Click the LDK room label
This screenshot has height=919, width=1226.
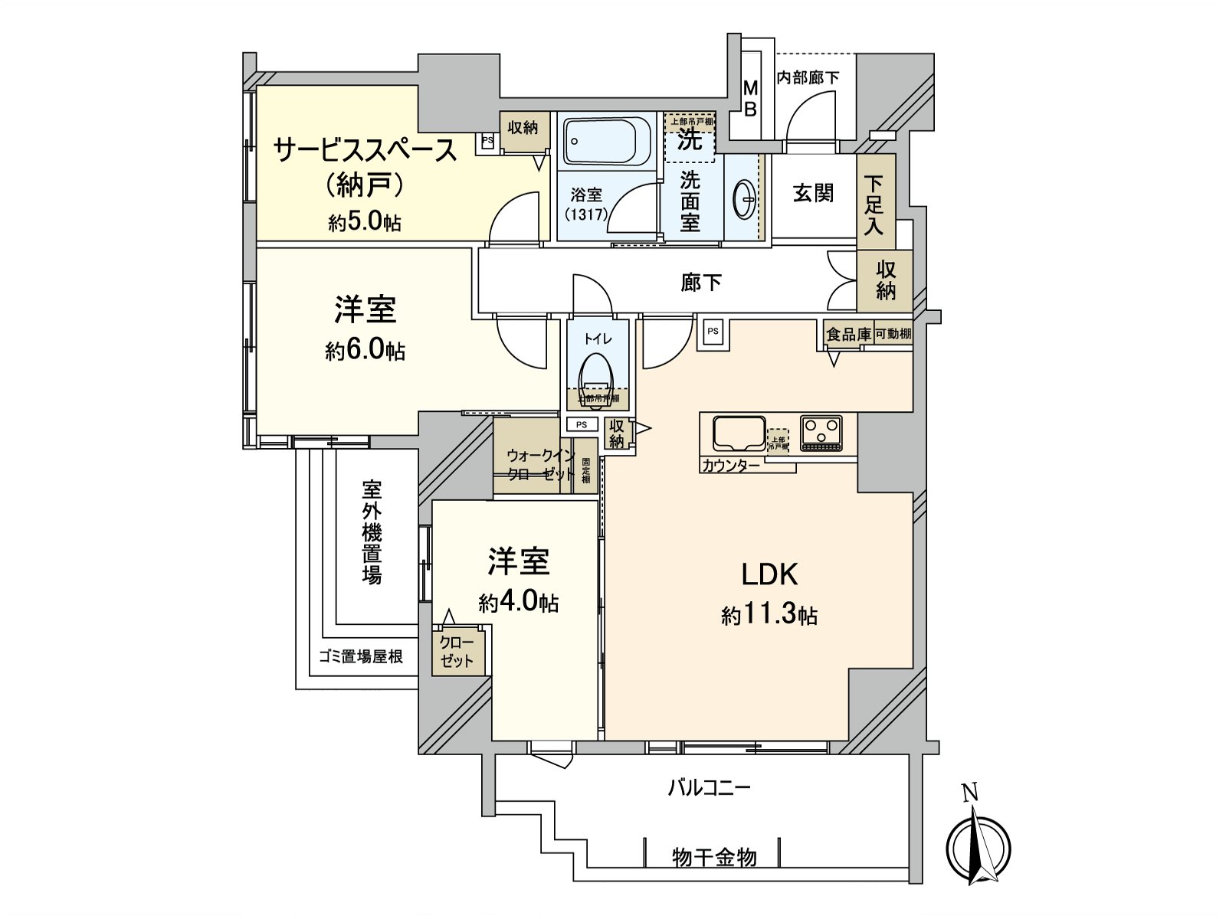(x=769, y=574)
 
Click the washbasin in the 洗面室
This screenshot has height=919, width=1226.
(x=744, y=201)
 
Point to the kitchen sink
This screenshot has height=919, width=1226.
(x=739, y=434)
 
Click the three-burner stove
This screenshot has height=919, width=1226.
(x=821, y=433)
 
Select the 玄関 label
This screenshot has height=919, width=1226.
(x=813, y=193)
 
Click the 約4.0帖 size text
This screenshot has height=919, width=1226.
(x=519, y=603)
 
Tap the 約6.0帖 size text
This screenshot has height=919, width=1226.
(x=365, y=351)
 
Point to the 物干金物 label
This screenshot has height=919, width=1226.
(x=714, y=857)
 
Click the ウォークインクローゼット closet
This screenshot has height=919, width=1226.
(x=540, y=465)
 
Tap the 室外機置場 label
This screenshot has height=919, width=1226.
(x=372, y=532)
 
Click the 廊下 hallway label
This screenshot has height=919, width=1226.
(x=701, y=283)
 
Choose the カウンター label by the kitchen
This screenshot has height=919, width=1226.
(x=730, y=466)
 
